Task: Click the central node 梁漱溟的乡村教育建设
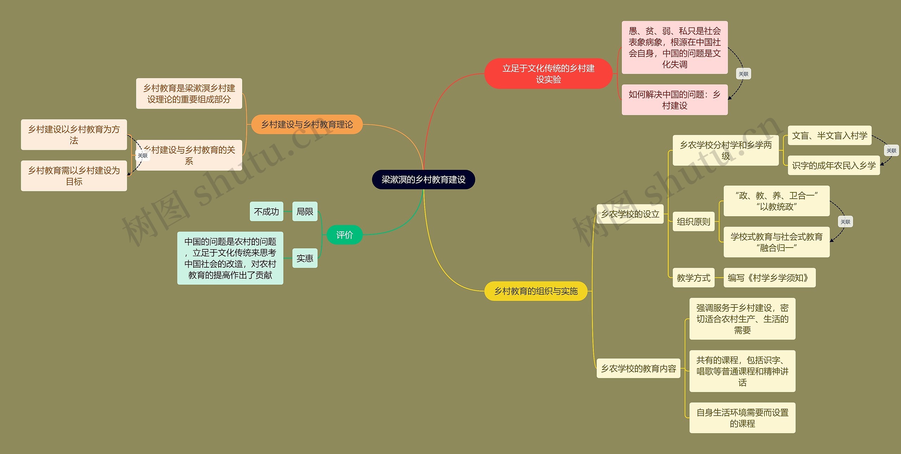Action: tap(423, 180)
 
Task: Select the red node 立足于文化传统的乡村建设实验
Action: tap(548, 73)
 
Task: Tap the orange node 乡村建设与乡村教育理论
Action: tap(307, 124)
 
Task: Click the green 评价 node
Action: tap(344, 235)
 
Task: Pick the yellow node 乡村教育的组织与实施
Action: tap(536, 291)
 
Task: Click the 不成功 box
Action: tap(266, 211)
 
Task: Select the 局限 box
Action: tap(305, 211)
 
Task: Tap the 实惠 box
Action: tap(305, 258)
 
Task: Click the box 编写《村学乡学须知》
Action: tap(769, 278)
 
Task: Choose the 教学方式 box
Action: tap(693, 278)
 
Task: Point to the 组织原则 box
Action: tap(693, 222)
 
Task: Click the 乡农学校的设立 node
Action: tap(630, 214)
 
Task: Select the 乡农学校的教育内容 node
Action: tap(638, 368)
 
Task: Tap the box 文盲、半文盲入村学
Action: tap(829, 135)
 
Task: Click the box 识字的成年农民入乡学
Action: tap(833, 165)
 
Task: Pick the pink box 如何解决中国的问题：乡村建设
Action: tap(674, 100)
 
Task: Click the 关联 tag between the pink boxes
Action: tap(743, 74)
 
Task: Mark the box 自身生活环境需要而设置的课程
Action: tap(742, 418)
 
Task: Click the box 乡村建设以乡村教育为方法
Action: tap(74, 135)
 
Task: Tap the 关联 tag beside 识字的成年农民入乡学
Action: tap(891, 151)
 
